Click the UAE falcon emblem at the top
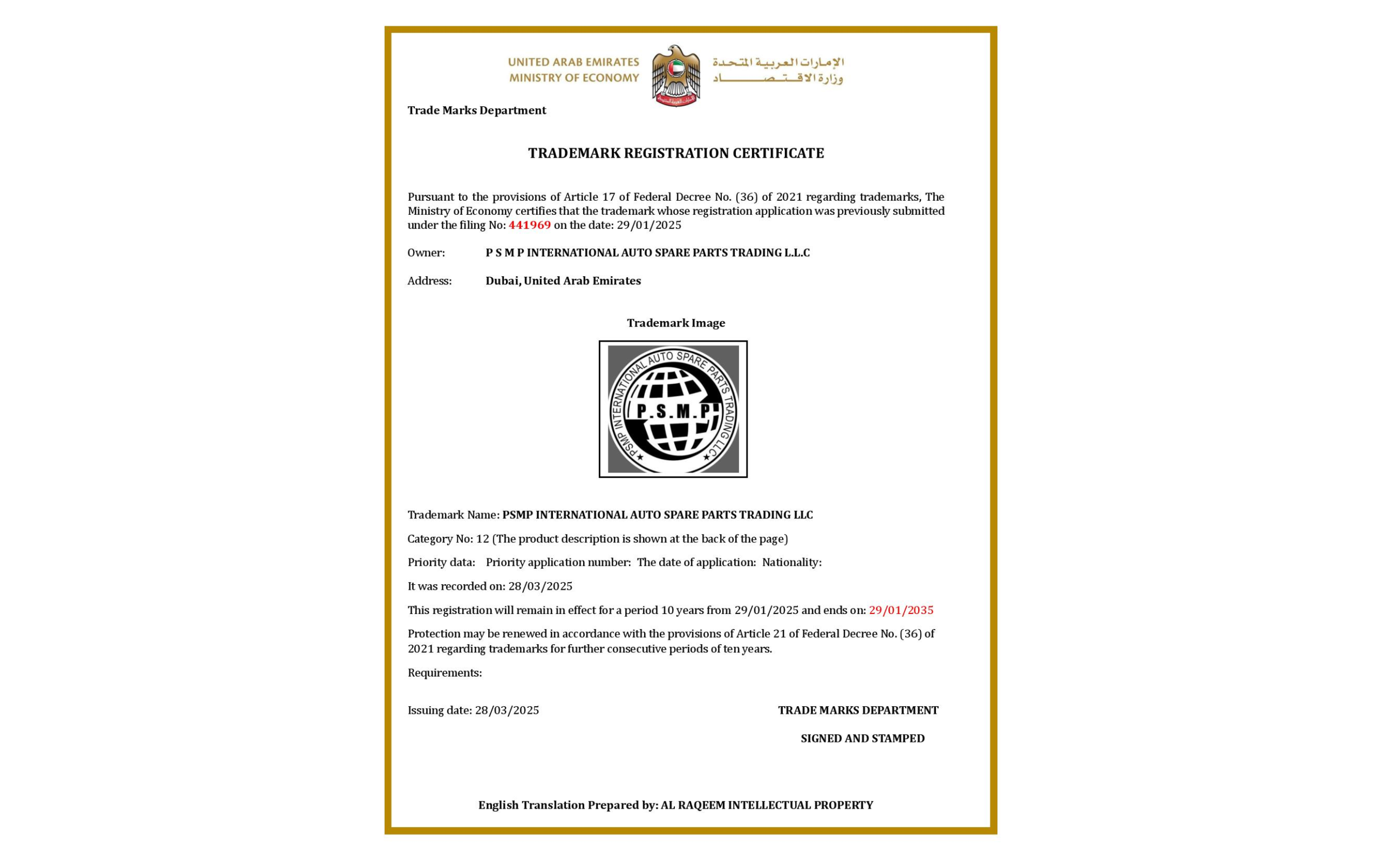675,75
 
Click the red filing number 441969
529,224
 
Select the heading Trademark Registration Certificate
675,153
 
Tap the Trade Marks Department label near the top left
476,111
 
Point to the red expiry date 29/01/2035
900,610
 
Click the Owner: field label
426,252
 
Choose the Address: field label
429,281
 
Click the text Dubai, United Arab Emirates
563,281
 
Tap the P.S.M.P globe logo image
673,409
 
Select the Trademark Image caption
675,323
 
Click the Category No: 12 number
482,538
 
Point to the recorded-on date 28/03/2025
540,586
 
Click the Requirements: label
445,673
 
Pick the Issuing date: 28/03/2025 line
473,711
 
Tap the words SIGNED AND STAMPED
863,738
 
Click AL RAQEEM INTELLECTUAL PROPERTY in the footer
767,806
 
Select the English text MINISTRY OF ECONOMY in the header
573,78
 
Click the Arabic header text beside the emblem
778,70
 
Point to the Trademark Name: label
453,515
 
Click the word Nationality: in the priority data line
791,563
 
